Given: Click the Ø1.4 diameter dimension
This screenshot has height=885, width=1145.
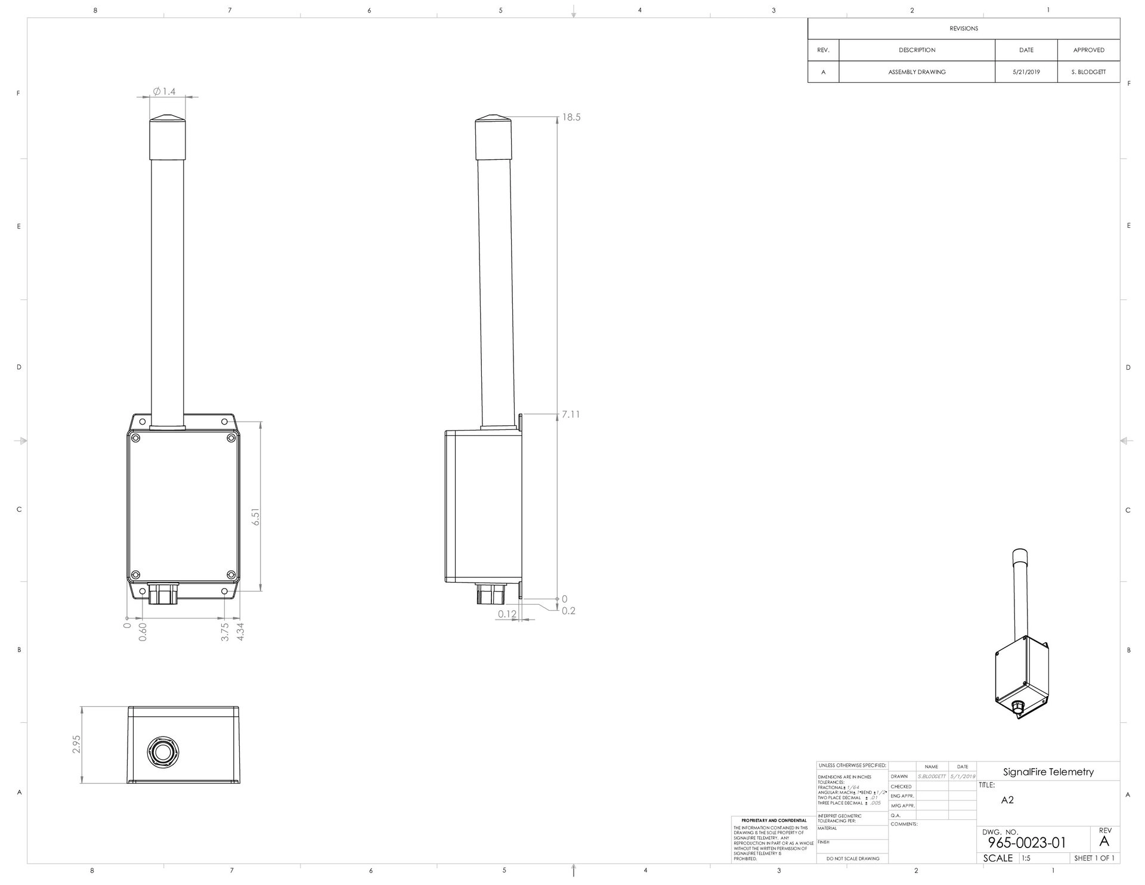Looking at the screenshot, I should (x=165, y=91).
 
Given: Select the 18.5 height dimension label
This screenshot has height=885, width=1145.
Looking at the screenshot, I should (x=571, y=117).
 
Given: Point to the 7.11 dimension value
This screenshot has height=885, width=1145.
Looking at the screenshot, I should (x=571, y=414).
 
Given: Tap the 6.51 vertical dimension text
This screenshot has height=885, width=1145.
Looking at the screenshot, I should (x=256, y=516).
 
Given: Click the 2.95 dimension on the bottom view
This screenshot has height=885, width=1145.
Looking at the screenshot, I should (x=76, y=744).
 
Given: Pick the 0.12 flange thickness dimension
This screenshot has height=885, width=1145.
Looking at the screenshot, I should (x=507, y=614).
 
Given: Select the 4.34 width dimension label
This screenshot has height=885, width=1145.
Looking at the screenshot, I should (x=240, y=632).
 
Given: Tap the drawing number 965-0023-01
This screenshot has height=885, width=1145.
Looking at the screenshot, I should (x=1027, y=843).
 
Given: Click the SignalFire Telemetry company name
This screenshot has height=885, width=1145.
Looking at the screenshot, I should (x=1048, y=772).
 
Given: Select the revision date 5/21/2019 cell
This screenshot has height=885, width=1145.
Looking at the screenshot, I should (x=1026, y=72).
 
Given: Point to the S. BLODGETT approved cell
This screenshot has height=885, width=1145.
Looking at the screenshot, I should (x=1088, y=72).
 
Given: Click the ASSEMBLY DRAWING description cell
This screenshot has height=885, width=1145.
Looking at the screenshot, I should (x=917, y=72).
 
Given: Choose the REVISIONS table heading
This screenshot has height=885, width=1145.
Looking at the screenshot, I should (x=964, y=29).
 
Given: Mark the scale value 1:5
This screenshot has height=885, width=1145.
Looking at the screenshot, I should (x=1026, y=858).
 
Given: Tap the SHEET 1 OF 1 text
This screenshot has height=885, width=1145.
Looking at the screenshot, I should (x=1094, y=858).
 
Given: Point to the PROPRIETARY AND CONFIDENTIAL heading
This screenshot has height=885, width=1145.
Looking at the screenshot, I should (x=773, y=821).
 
